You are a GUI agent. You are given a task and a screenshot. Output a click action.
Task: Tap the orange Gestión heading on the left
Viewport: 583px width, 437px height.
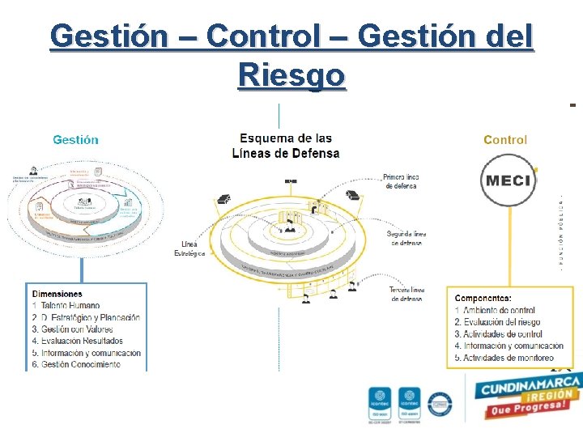(75, 139)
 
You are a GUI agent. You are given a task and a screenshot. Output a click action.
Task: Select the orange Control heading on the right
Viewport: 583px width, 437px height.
(504, 139)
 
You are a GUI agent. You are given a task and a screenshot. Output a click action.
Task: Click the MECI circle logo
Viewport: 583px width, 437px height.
(508, 179)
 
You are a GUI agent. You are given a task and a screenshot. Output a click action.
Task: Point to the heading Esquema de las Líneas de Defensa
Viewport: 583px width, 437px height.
(286, 146)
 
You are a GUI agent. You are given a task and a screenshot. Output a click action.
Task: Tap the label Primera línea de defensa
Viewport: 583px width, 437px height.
(401, 181)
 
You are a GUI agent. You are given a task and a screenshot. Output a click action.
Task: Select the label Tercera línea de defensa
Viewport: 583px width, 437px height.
(406, 294)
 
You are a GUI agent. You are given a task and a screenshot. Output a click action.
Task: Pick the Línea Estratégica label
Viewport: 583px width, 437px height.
(189, 248)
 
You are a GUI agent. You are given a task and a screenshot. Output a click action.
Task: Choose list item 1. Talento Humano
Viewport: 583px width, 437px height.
(66, 306)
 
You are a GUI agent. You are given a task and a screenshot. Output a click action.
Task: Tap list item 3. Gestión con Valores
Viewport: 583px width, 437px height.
(72, 329)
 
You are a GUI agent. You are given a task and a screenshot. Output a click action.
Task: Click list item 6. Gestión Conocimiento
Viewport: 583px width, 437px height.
(76, 365)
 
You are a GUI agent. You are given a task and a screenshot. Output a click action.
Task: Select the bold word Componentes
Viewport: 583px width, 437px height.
(483, 299)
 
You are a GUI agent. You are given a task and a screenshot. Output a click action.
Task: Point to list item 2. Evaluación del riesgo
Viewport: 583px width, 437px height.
(497, 322)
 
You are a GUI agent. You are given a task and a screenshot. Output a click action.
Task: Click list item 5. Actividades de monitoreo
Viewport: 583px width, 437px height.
(504, 358)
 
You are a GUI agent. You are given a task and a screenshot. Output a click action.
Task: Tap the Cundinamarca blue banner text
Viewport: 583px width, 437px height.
(530, 386)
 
